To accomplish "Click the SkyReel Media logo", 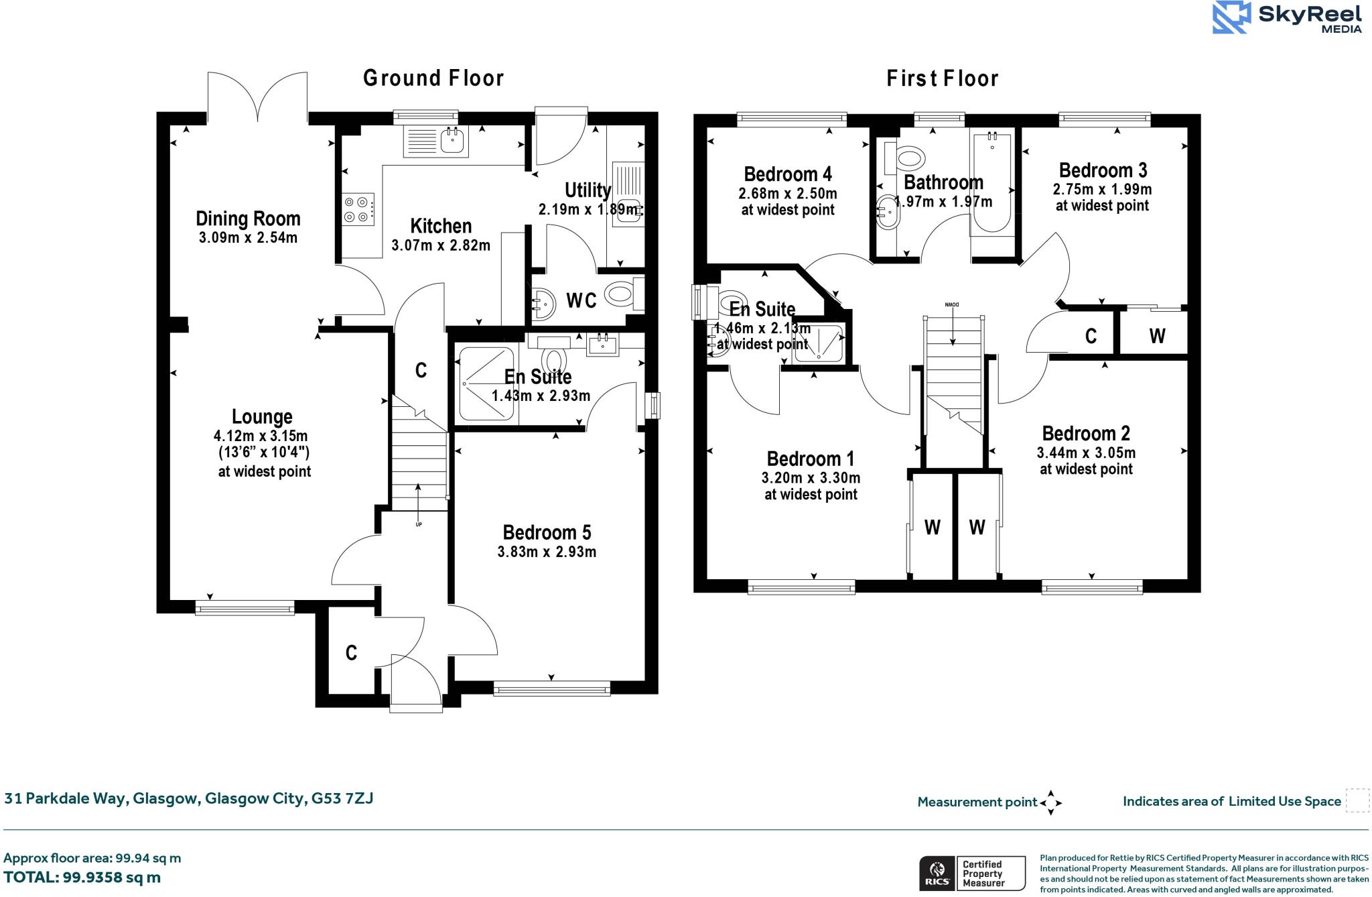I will click(1287, 17).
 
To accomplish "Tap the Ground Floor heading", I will click(433, 78).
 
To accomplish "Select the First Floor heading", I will click(942, 78).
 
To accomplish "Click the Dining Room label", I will click(248, 219).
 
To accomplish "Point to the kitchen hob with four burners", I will click(358, 208).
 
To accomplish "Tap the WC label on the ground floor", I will click(581, 300).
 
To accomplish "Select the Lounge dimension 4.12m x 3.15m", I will click(261, 436).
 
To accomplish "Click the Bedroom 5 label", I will click(547, 532).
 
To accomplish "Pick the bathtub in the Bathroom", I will click(991, 182).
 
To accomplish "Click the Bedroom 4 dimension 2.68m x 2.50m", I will click(787, 194).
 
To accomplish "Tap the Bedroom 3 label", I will click(1103, 170).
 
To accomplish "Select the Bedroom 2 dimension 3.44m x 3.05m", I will click(1085, 453).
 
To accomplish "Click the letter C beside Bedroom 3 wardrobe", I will click(1091, 336).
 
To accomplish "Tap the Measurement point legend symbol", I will click(1050, 802).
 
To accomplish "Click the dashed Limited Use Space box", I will click(1357, 800).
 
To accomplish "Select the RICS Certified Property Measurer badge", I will click(971, 874).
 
